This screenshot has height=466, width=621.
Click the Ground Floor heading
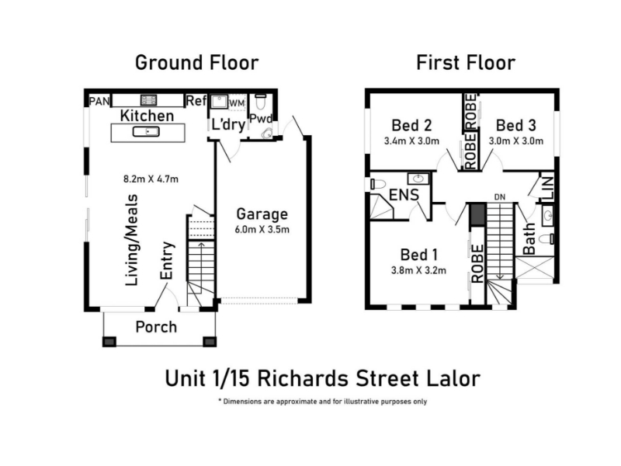[x=197, y=63]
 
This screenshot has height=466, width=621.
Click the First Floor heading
[x=466, y=63]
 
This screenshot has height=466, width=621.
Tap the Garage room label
[x=262, y=214]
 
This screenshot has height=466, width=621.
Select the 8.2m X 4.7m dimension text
[x=151, y=179]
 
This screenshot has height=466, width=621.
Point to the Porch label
[x=156, y=327]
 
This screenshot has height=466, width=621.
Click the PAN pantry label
[x=99, y=101]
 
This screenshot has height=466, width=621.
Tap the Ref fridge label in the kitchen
[x=196, y=101]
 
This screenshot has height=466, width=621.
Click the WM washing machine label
[x=238, y=103]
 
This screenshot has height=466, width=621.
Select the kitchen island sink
[x=146, y=131]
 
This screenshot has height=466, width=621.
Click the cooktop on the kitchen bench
[x=148, y=100]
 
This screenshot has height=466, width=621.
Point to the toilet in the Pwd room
[x=261, y=101]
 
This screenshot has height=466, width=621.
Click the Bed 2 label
[x=411, y=125]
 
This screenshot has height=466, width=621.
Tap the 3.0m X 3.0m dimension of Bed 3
[x=516, y=141]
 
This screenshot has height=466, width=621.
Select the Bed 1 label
[x=418, y=255]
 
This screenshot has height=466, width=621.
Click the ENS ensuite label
[x=404, y=195]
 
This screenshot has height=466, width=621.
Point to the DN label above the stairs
[x=500, y=197]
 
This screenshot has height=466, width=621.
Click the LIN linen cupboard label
[x=548, y=188]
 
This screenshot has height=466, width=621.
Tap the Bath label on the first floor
[x=529, y=238]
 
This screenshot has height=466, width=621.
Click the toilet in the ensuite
[x=378, y=184]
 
